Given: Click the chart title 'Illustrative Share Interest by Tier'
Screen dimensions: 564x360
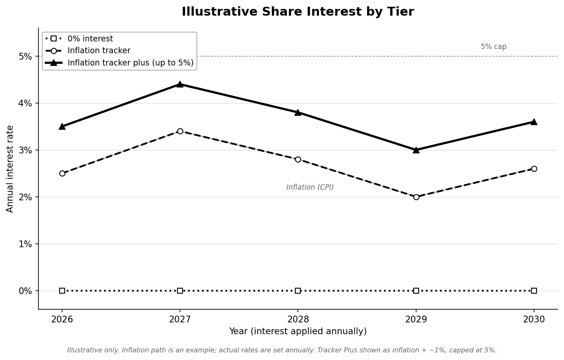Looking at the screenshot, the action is pos(298,12).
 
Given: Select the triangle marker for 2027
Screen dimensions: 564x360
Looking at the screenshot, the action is pos(180,85).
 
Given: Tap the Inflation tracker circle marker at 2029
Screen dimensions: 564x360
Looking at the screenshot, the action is pos(416,197).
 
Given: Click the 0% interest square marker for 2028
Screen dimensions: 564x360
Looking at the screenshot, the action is pos(298,291).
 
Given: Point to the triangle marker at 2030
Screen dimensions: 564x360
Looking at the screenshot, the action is pos(534,122).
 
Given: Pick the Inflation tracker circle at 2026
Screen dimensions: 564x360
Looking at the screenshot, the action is pos(62,174).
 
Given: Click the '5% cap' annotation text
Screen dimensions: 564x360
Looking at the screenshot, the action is pos(493,46).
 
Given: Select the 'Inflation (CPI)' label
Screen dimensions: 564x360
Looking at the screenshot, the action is pos(310,187).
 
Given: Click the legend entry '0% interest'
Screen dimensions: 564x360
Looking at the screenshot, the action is pos(90,39).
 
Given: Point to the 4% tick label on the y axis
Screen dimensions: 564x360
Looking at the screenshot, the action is pos(25,103).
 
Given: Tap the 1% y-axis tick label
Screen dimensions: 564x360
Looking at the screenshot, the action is pos(25,244).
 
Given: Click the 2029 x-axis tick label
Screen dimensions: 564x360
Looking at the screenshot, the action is pos(416,319).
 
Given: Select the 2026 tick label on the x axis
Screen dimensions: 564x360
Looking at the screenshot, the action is pos(62,319).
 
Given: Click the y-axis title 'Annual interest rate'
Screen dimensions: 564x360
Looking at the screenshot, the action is pos(10,169).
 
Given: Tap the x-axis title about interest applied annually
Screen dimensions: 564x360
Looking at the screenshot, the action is pos(298,331).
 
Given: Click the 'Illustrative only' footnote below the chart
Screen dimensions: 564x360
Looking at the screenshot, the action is pos(282,350).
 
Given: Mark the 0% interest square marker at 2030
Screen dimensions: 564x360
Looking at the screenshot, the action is pos(534,291).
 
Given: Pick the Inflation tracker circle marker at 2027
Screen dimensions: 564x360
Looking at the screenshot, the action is pos(180,131).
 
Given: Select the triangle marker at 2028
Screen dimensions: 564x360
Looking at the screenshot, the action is pos(298,112).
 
